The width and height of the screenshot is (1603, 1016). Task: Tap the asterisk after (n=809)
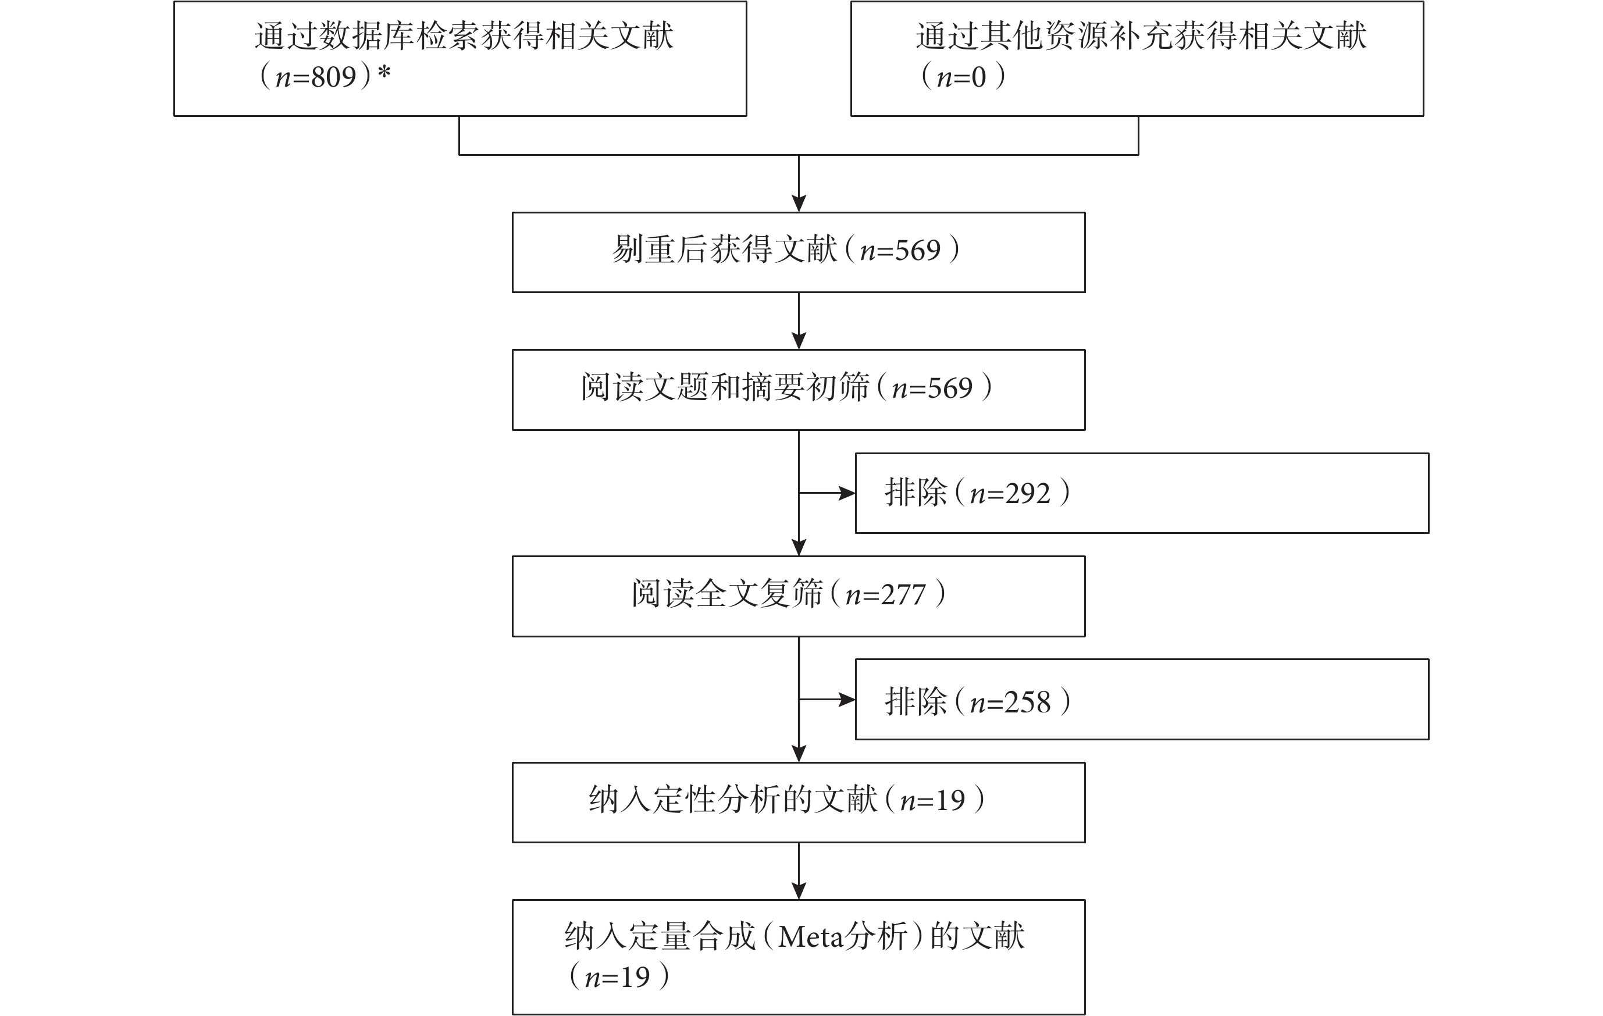[x=384, y=73]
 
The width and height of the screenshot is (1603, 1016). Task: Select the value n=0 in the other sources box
[x=961, y=77]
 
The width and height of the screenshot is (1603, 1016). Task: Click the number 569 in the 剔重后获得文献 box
[x=918, y=250]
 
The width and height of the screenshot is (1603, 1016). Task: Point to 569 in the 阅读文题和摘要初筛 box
[x=950, y=388]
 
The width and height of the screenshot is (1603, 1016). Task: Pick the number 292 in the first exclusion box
[x=1028, y=493]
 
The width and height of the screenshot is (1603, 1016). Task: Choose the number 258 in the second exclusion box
[x=1028, y=703]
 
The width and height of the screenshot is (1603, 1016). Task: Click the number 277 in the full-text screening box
[x=903, y=594]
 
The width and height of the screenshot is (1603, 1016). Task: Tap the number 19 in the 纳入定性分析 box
[x=950, y=800]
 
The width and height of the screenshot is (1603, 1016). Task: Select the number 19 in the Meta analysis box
[x=635, y=976]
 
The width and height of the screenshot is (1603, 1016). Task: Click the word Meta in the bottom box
[x=811, y=937]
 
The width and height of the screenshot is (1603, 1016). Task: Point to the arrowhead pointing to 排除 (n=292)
[x=847, y=493]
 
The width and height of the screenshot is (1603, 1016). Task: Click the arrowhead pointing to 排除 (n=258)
[x=847, y=700]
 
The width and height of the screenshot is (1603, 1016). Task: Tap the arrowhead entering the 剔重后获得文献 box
[x=799, y=204]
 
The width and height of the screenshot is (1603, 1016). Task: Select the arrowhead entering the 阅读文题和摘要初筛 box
[x=799, y=341]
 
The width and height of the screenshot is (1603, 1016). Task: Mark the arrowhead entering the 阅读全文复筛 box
[x=799, y=547]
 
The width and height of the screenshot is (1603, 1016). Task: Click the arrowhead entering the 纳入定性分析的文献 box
[x=799, y=754]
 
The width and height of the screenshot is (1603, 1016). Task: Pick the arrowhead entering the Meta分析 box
[x=799, y=892]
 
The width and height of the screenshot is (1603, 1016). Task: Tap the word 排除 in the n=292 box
[x=916, y=493]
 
